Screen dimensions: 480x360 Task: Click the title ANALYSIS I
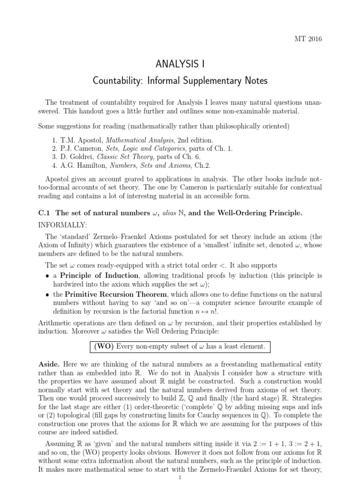[x=180, y=63]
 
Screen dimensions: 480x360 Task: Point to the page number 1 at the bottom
[x=180, y=476]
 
